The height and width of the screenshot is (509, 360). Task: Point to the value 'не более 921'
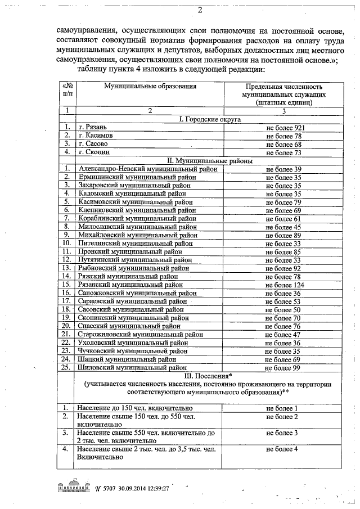click(285, 128)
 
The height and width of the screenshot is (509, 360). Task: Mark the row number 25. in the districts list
click(66, 367)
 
